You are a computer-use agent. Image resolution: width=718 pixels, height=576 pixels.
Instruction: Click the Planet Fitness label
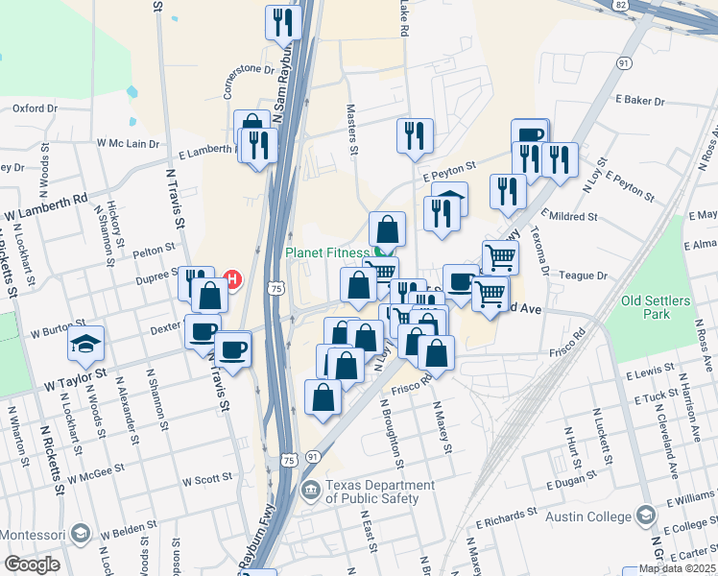tap(326, 253)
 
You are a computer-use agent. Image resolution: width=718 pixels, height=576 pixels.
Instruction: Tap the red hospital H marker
tap(231, 279)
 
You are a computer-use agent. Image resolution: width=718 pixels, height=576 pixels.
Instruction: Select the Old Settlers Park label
tap(656, 307)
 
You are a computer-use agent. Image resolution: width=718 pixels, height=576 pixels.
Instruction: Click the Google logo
tap(32, 564)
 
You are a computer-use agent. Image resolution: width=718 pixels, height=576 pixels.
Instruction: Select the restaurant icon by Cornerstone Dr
tap(283, 23)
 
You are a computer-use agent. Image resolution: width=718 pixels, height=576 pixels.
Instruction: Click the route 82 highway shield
tap(621, 5)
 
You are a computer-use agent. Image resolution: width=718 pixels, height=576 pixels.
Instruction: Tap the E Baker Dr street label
tap(641, 101)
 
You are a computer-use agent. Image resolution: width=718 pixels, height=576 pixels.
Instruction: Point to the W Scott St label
tap(207, 478)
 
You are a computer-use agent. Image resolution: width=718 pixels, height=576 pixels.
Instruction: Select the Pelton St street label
tap(155, 252)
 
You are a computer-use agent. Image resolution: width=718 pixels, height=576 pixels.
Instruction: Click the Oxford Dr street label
tap(36, 108)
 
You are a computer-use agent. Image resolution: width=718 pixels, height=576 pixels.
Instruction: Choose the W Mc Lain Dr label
tap(127, 143)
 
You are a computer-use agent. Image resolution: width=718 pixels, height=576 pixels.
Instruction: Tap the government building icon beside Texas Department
tap(311, 492)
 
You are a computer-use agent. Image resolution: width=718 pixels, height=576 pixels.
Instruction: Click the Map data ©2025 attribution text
tap(677, 568)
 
